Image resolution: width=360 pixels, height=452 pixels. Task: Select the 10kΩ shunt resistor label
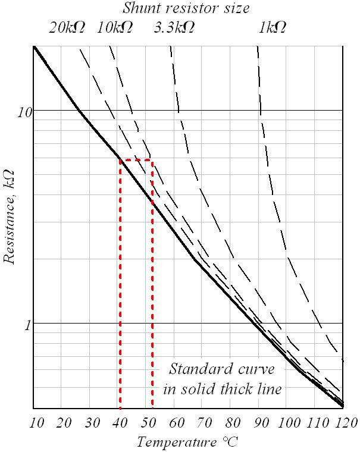pyautogui.click(x=115, y=28)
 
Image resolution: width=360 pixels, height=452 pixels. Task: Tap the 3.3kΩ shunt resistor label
pyautogui.click(x=174, y=28)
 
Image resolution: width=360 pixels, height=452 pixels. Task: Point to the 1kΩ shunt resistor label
pyautogui.click(x=271, y=28)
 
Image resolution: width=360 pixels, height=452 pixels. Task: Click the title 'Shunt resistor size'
pyautogui.click(x=186, y=8)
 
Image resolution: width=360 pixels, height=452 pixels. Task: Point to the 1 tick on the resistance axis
pyautogui.click(x=27, y=324)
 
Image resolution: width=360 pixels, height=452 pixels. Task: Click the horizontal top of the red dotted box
pyautogui.click(x=136, y=161)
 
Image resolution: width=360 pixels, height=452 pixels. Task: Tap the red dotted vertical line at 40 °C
pyautogui.click(x=120, y=285)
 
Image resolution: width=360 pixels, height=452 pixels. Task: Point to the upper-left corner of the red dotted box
pyautogui.click(x=120, y=161)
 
